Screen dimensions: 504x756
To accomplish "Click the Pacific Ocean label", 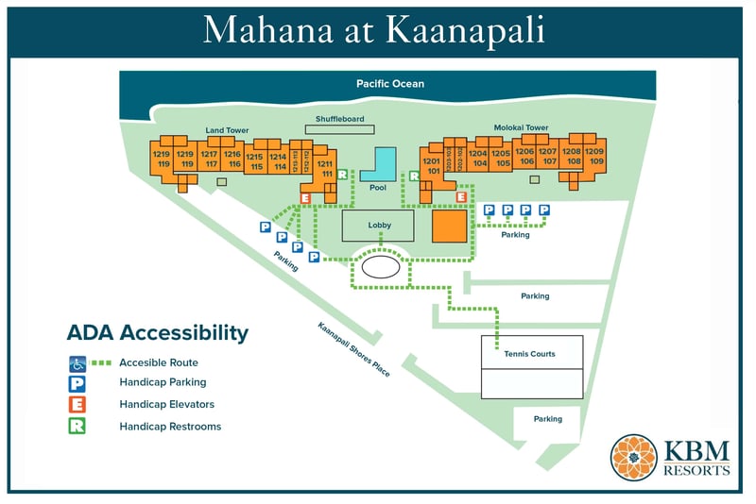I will tap(389, 84).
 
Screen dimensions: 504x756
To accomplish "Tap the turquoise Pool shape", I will tap(381, 165).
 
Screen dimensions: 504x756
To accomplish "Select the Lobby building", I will tap(379, 226).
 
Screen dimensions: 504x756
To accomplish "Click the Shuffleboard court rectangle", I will tap(339, 129).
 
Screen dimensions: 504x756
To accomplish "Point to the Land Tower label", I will tap(226, 130).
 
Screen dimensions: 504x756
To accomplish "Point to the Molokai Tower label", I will tap(521, 127).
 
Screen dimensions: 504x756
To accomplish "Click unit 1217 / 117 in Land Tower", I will tap(210, 159).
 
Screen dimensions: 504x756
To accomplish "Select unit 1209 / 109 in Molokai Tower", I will tap(594, 156).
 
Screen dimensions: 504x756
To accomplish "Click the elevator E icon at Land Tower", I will tap(304, 197).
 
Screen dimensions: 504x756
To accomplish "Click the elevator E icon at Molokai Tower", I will tap(461, 196).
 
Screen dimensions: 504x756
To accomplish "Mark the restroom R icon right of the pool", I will tap(414, 176).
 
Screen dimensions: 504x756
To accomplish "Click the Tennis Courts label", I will tap(530, 354).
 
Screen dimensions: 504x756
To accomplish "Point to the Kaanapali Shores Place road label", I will tap(354, 347).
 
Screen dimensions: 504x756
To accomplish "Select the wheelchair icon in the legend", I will tap(77, 362).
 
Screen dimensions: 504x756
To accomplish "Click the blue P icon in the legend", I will tap(77, 383).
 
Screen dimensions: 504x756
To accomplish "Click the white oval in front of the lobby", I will tap(381, 267).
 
